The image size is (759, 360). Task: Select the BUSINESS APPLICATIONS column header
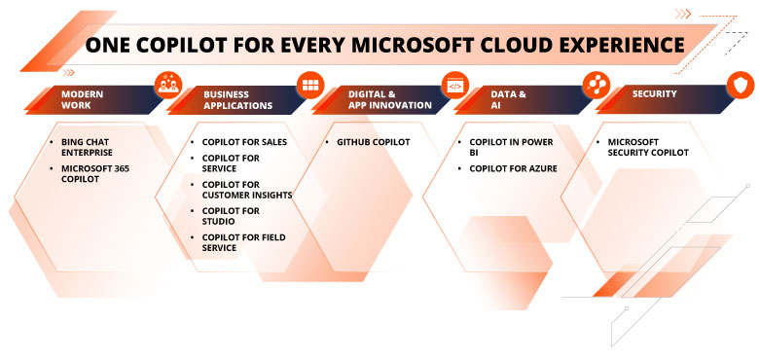click(x=238, y=99)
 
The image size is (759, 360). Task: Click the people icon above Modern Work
click(x=168, y=85)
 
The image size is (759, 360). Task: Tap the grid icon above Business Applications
click(x=310, y=85)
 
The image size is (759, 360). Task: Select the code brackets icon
click(x=454, y=85)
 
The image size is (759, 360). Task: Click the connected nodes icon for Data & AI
click(x=596, y=85)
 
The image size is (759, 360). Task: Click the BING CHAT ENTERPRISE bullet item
click(x=89, y=148)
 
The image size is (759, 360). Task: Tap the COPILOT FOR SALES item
click(x=244, y=142)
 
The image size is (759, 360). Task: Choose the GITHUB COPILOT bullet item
click(x=374, y=142)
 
